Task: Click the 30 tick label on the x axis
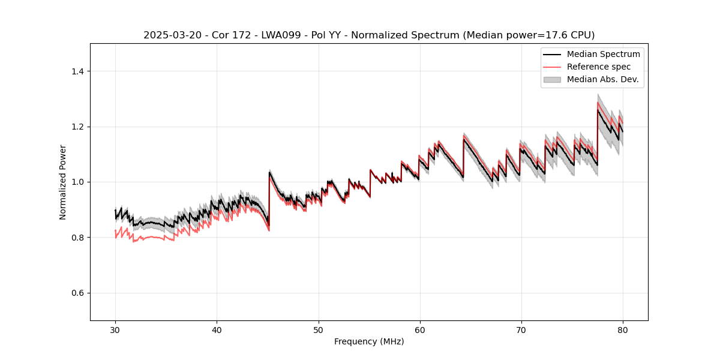115,329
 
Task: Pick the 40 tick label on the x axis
217,329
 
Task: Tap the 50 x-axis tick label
318,329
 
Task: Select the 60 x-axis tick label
420,329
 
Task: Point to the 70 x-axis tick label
521,329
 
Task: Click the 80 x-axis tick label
623,329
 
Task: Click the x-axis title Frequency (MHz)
369,341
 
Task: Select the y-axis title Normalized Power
63,182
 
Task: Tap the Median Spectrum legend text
603,54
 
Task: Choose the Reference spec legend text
598,67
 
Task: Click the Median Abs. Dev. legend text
602,79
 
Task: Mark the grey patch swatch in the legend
552,79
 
